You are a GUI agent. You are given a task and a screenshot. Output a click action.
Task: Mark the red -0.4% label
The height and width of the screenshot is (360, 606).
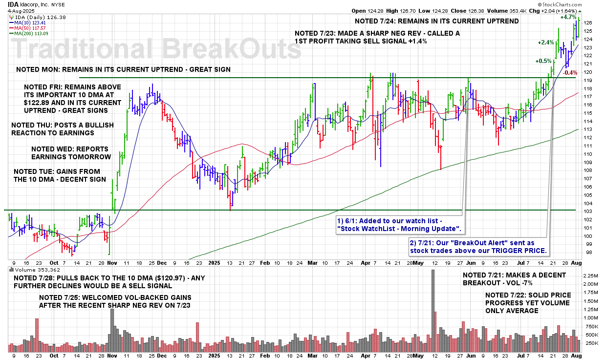point(570,73)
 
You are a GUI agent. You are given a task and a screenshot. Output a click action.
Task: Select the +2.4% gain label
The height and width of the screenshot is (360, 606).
point(546,42)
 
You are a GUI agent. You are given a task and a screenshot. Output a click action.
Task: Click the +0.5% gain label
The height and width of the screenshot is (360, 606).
point(543,62)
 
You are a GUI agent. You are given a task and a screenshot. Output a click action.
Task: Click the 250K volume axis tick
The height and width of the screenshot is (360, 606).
point(591,343)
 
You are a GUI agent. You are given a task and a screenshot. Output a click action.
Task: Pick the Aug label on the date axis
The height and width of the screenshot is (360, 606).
point(577,262)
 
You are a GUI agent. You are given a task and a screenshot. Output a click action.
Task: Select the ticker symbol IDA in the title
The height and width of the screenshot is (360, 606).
point(13,3)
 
